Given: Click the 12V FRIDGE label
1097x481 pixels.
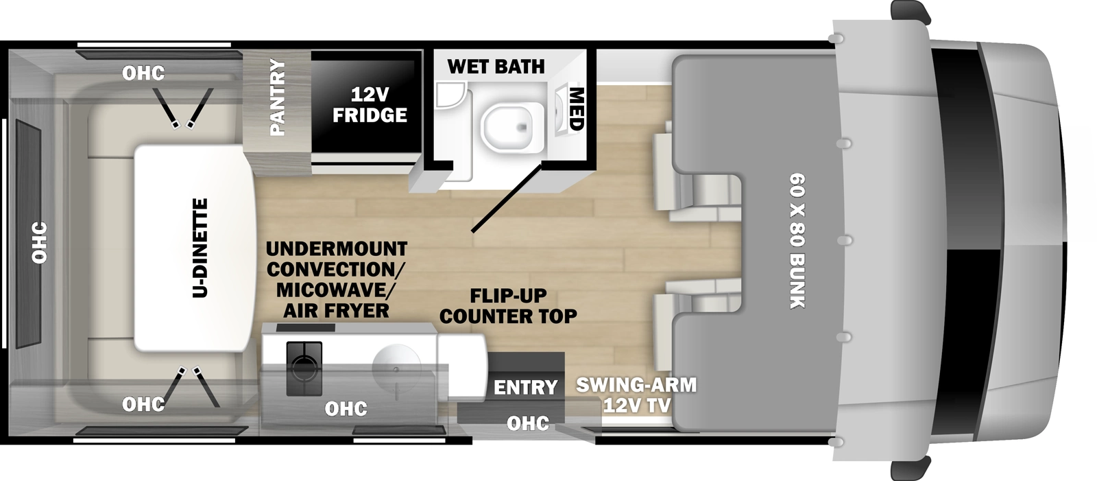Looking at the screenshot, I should [x=370, y=104].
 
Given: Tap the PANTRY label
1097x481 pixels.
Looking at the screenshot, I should [x=277, y=97].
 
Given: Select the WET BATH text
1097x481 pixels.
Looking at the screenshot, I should [x=496, y=67].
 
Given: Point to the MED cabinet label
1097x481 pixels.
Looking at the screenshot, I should [x=575, y=108].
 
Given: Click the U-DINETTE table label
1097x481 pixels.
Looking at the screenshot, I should [x=200, y=248].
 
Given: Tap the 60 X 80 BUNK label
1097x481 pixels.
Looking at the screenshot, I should [x=796, y=241].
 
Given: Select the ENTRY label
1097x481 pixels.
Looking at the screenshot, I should [x=525, y=387].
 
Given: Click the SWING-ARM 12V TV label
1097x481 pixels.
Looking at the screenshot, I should [x=636, y=395].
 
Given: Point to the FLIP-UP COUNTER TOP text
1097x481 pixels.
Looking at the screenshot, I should [x=508, y=306].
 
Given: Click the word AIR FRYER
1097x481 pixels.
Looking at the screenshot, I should [x=336, y=311].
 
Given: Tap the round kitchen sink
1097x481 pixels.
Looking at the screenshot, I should [x=396, y=366].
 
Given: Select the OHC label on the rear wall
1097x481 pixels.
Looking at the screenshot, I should [x=39, y=242].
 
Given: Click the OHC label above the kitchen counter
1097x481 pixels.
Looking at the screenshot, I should [x=346, y=409].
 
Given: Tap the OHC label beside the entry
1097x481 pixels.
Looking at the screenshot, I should [x=528, y=423].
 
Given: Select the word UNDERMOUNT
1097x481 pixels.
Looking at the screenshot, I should [x=336, y=248].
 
